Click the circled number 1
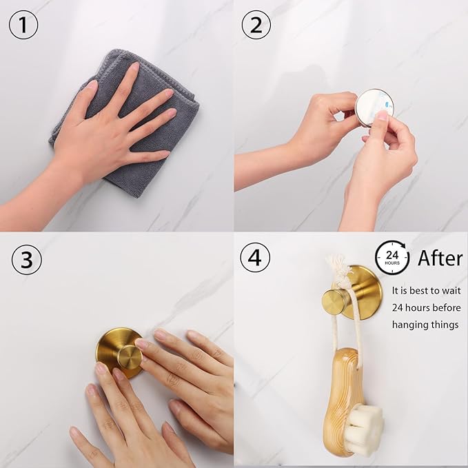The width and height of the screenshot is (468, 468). click(x=23, y=25)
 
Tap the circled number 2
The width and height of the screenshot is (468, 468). click(x=256, y=25)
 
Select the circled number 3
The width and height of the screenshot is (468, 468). click(x=27, y=259)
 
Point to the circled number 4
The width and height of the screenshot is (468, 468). click(x=255, y=257)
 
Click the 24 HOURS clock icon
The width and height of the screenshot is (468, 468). click(x=392, y=258)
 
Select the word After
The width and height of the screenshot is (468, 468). click(x=440, y=258)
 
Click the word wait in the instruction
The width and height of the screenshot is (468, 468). click(x=449, y=291)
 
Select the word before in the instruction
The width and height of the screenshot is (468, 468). click(x=445, y=307)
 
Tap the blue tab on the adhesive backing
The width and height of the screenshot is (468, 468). click(x=389, y=105)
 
